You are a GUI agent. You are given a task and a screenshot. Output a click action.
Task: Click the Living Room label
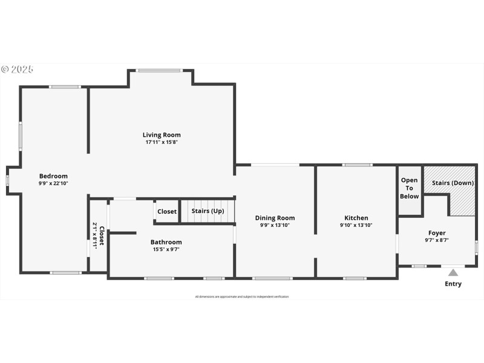[162, 135]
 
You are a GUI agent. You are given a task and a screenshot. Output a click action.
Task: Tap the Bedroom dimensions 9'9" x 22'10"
[53, 183]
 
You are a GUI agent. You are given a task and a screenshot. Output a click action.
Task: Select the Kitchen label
[356, 218]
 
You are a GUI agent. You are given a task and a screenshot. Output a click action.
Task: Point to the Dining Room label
[275, 218]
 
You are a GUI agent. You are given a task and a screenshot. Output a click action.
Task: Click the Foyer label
[437, 233]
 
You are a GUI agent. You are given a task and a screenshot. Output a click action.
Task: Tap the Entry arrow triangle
[453, 272]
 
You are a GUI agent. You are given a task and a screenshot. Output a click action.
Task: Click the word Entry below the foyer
[453, 284]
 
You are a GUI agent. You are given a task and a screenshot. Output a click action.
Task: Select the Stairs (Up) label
[208, 211]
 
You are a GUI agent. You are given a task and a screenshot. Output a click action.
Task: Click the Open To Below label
[410, 188]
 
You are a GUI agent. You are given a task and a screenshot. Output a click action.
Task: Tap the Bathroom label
[166, 242]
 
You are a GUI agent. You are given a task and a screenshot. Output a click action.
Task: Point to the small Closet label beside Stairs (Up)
[167, 211]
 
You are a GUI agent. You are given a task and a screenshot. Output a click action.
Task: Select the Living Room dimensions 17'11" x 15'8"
[162, 142]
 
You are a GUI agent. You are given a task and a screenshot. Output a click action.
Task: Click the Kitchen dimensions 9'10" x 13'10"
[356, 225]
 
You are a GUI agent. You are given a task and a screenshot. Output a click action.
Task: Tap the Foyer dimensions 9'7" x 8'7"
[437, 240]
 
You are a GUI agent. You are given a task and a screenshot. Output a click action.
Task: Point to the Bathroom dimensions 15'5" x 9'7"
[166, 249]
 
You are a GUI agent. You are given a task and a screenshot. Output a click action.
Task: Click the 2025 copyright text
[18, 70]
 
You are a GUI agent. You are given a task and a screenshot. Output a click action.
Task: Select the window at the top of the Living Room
[159, 71]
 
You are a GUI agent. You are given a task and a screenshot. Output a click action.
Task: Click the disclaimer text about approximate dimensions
[242, 296]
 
